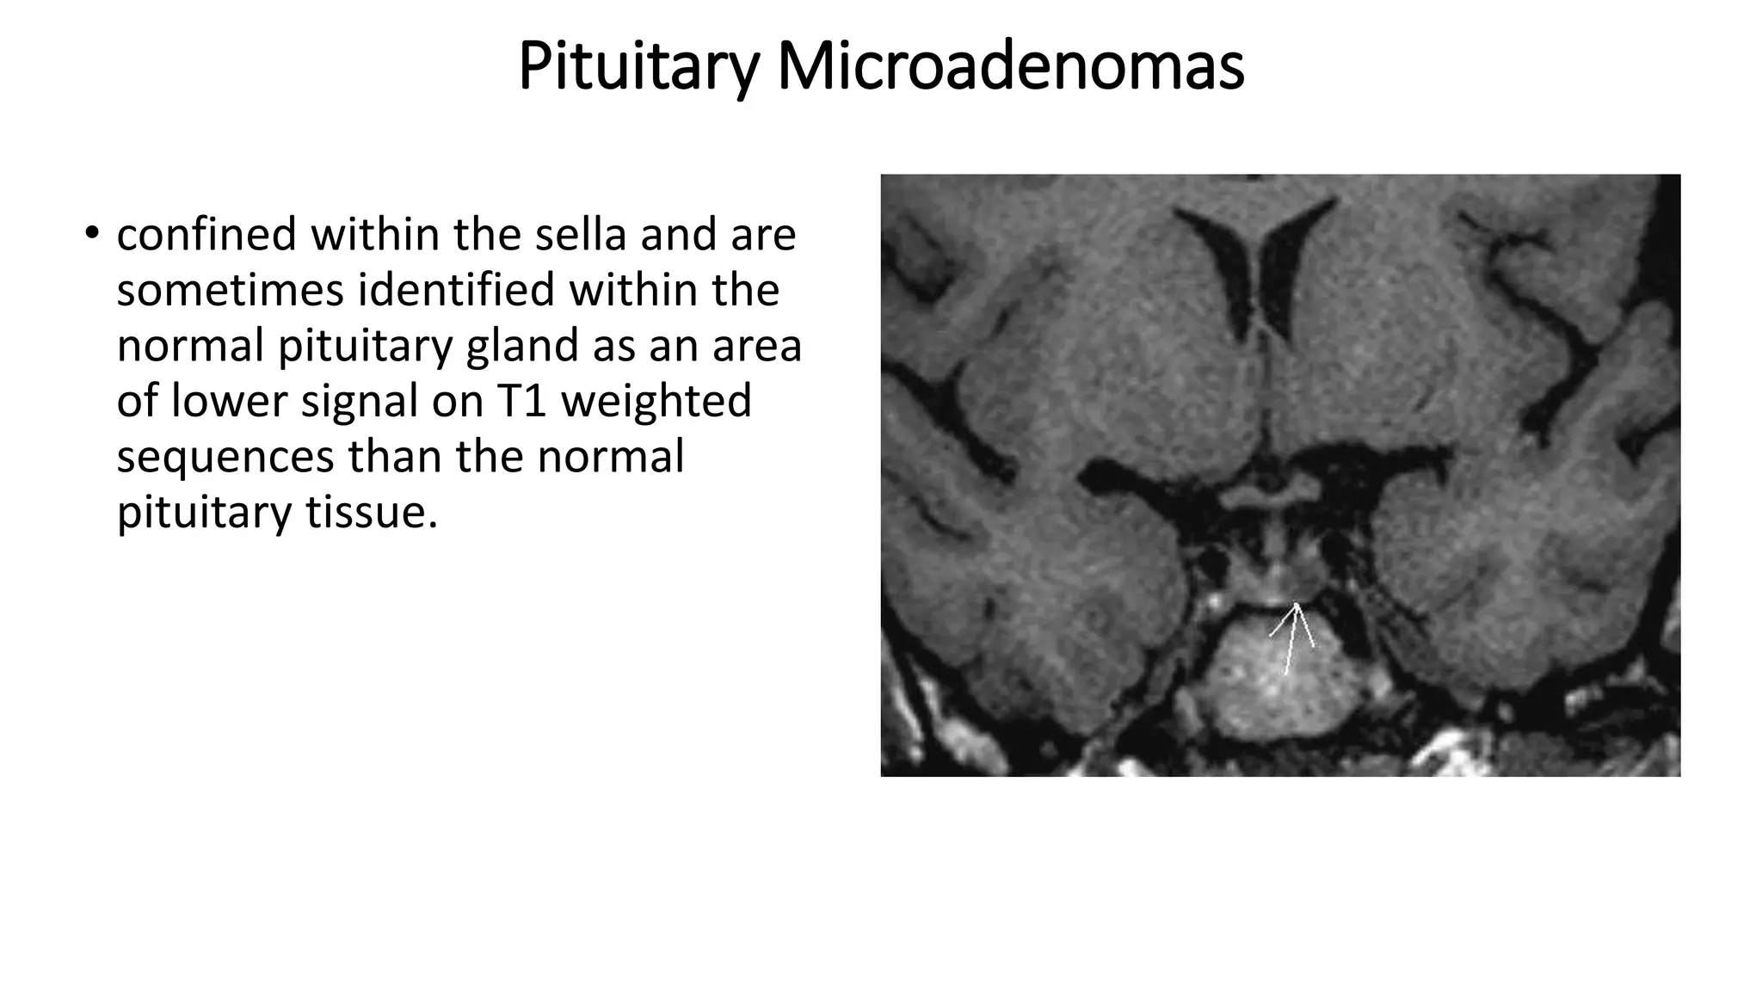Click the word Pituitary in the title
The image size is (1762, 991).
pos(638,67)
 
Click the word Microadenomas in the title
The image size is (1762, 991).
pos(1010,67)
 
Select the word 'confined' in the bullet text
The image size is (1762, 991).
pos(206,234)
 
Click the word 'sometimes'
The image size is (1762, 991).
pos(230,290)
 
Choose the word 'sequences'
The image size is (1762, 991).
pos(225,457)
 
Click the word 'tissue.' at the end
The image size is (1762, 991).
pos(372,512)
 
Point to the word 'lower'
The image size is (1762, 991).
pos(229,401)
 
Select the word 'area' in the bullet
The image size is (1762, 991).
pos(757,346)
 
